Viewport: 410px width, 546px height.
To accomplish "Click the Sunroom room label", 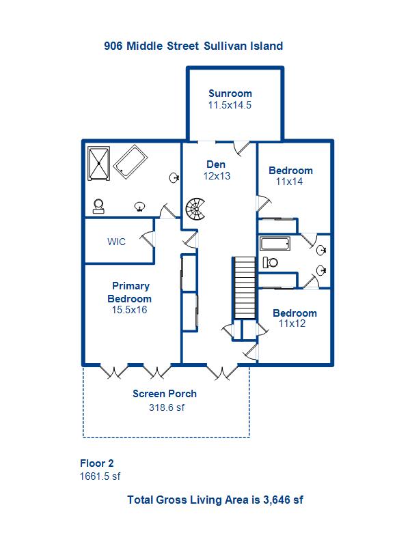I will (230, 94).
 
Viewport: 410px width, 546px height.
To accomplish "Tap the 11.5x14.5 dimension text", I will (230, 105).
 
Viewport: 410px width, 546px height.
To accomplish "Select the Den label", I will (216, 164).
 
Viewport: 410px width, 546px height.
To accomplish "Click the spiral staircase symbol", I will (196, 209).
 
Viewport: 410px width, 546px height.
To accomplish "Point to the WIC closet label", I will (116, 242).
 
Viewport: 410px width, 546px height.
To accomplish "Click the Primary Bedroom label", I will (130, 292).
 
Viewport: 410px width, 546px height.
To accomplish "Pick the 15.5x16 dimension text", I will (130, 309).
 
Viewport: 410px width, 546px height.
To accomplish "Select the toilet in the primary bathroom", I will (100, 205).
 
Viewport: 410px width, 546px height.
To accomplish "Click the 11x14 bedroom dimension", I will (290, 182).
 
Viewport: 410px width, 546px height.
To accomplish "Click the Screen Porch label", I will (165, 394).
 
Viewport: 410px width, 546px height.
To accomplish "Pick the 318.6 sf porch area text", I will (167, 407).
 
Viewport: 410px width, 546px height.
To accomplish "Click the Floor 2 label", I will (96, 463).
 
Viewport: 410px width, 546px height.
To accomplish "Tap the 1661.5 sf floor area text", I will (100, 476).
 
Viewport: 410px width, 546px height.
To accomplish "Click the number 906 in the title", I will (114, 46).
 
